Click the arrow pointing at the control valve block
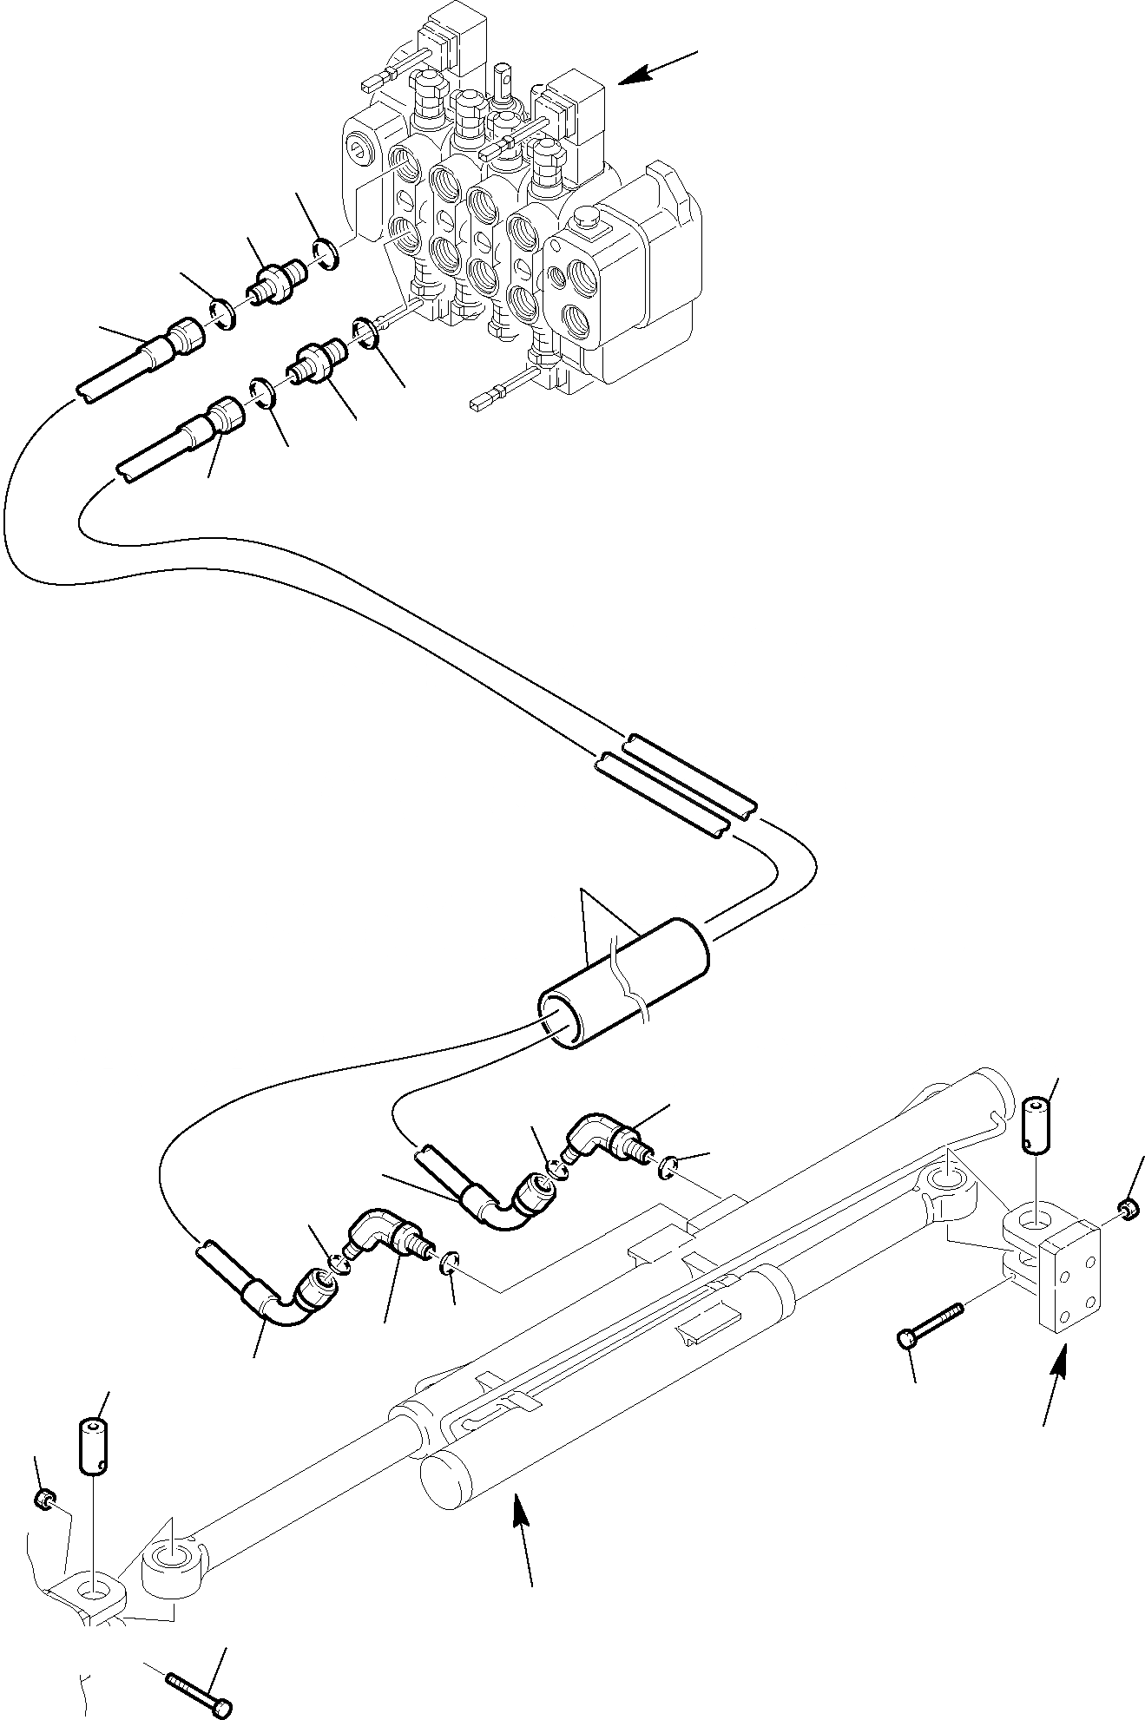(x=658, y=69)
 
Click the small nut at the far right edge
(x=1129, y=1207)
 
